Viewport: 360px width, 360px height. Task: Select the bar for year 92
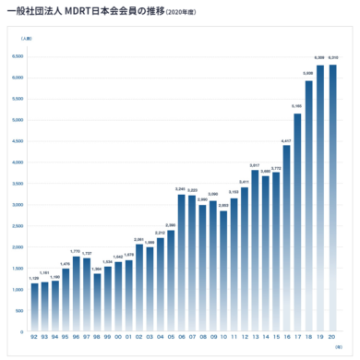[34, 307]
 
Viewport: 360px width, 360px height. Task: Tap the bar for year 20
[330, 198]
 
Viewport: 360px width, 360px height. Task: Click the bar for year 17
[298, 222]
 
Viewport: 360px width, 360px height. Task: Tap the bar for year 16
[287, 238]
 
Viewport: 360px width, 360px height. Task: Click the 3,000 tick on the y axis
[18, 205]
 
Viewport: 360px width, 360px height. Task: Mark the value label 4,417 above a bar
[287, 140]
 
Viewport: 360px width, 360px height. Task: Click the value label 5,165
[298, 107]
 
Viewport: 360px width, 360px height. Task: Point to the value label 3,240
[182, 189]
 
